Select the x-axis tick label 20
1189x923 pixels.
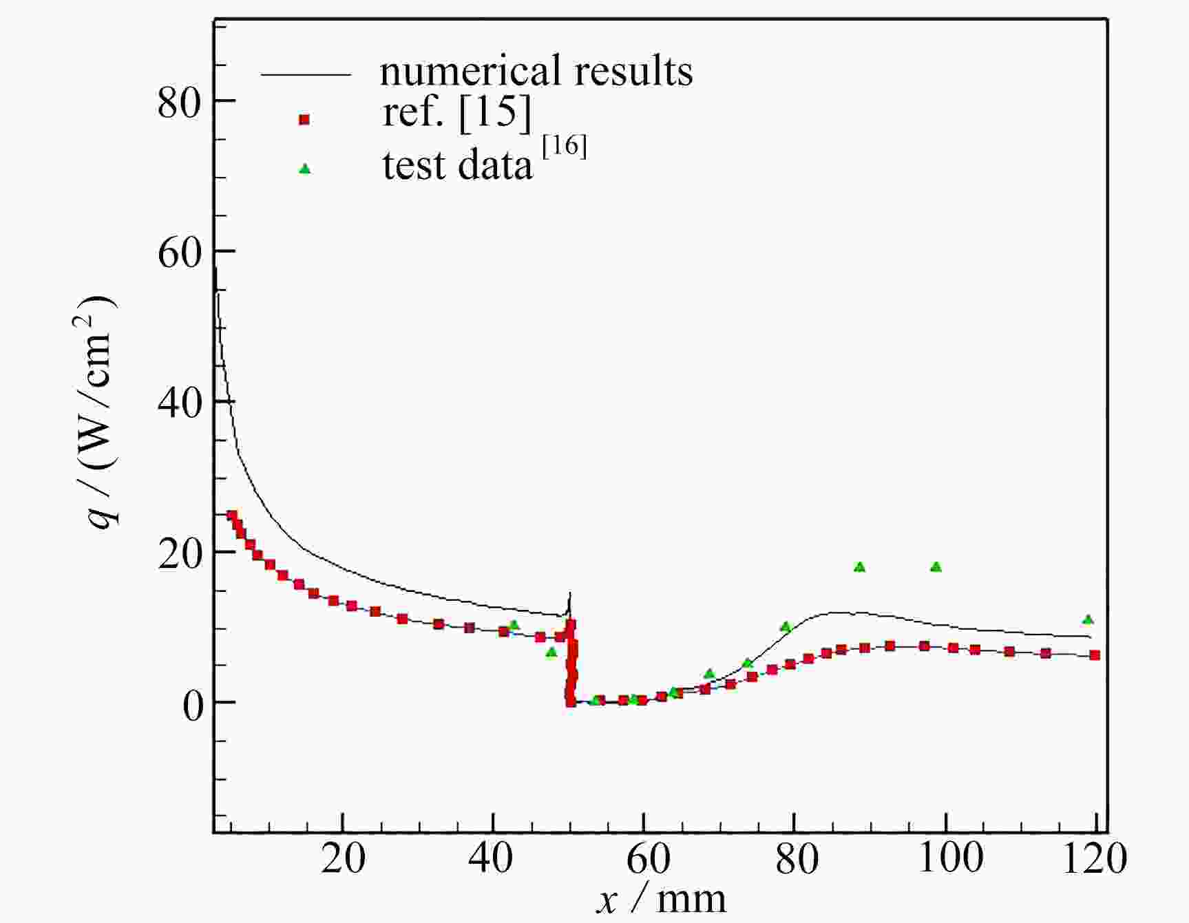(x=343, y=858)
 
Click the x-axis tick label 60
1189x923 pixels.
(x=644, y=858)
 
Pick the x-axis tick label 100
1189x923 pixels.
(x=952, y=858)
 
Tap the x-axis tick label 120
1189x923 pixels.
(x=1095, y=858)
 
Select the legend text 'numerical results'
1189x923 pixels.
(x=536, y=71)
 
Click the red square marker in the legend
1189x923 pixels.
(x=304, y=120)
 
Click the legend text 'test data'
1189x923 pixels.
(x=458, y=165)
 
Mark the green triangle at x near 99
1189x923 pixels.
(x=936, y=567)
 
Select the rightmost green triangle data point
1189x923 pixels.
(x=1088, y=619)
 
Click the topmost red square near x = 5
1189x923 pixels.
(x=232, y=516)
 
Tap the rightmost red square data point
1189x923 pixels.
(x=1095, y=655)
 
